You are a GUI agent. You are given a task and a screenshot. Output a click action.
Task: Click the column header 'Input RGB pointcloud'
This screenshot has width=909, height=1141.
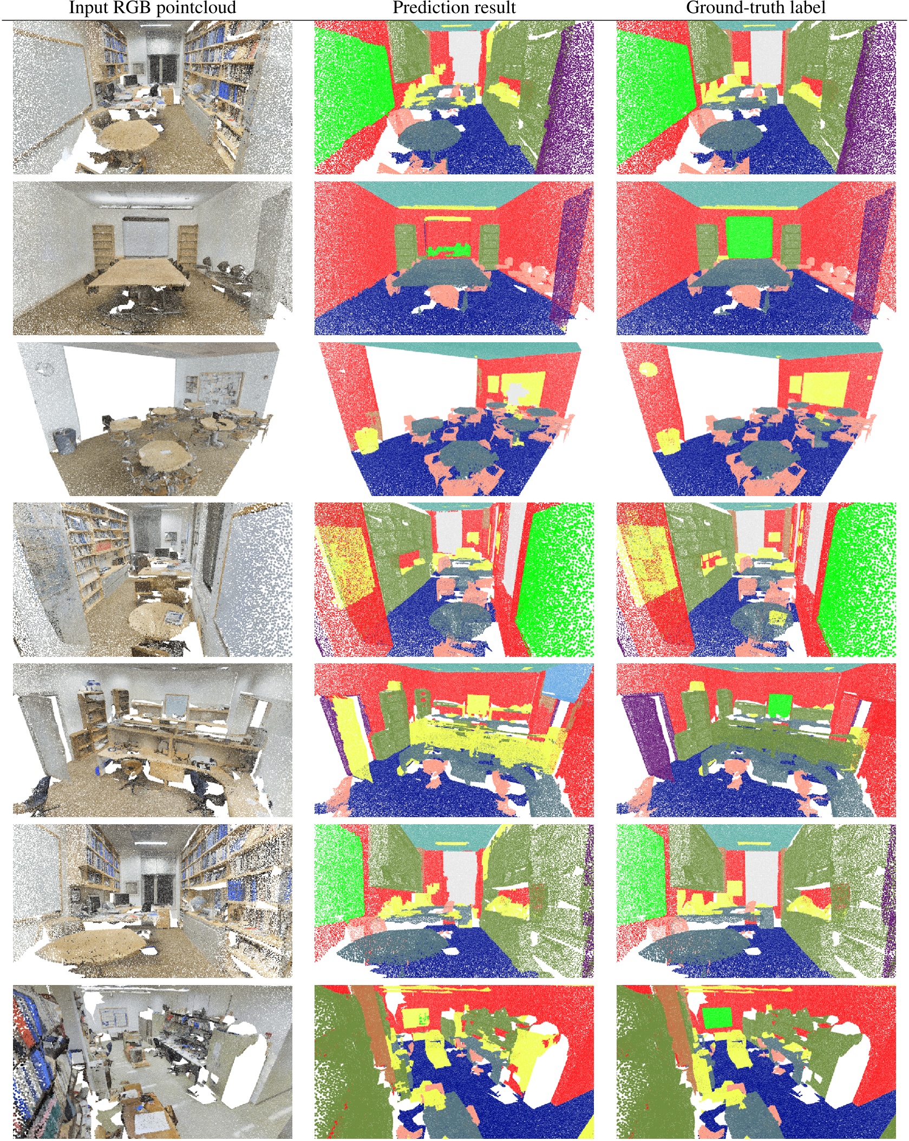coord(152,8)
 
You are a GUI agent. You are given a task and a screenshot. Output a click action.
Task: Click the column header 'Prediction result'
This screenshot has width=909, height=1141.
coord(454,8)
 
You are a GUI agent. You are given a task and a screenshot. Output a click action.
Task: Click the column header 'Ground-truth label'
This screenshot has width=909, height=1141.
coord(755,8)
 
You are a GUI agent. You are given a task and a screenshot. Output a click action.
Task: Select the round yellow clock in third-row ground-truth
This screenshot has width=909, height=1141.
coord(648,370)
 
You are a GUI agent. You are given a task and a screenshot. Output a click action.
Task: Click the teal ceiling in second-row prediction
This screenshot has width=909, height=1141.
coord(454,193)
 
